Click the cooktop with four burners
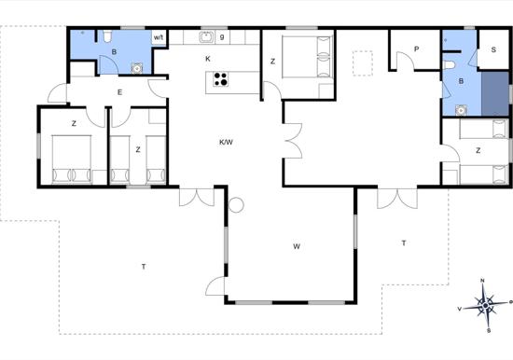tap(220, 79)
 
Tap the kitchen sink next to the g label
tap(206, 37)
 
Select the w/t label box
tap(159, 37)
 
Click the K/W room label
tap(226, 142)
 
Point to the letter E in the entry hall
tap(119, 92)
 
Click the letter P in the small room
tap(417, 49)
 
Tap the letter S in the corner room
tap(493, 49)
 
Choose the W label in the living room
tap(297, 246)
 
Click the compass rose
tap(486, 306)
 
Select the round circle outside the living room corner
tap(236, 205)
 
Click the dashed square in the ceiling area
tap(363, 63)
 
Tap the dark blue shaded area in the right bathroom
tap(495, 93)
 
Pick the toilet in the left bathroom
tap(107, 36)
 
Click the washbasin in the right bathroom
tap(461, 110)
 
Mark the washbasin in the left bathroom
tap(137, 68)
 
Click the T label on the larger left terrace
tap(144, 267)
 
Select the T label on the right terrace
tap(404, 243)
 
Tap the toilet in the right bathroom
tap(450, 64)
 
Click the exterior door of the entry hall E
tap(58, 93)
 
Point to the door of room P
tap(405, 61)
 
